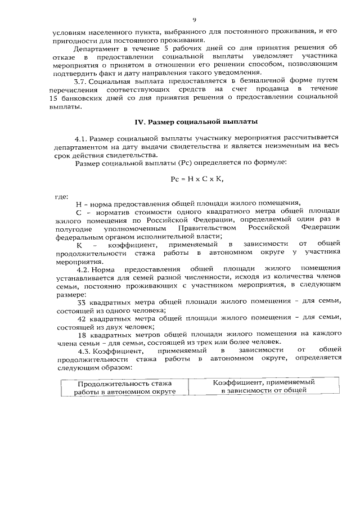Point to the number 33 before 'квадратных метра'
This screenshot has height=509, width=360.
tap(80, 302)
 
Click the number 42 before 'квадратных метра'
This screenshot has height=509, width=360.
tap(80, 318)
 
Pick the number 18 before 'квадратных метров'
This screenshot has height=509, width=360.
tap(80, 335)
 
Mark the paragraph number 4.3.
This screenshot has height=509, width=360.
tap(82, 351)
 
